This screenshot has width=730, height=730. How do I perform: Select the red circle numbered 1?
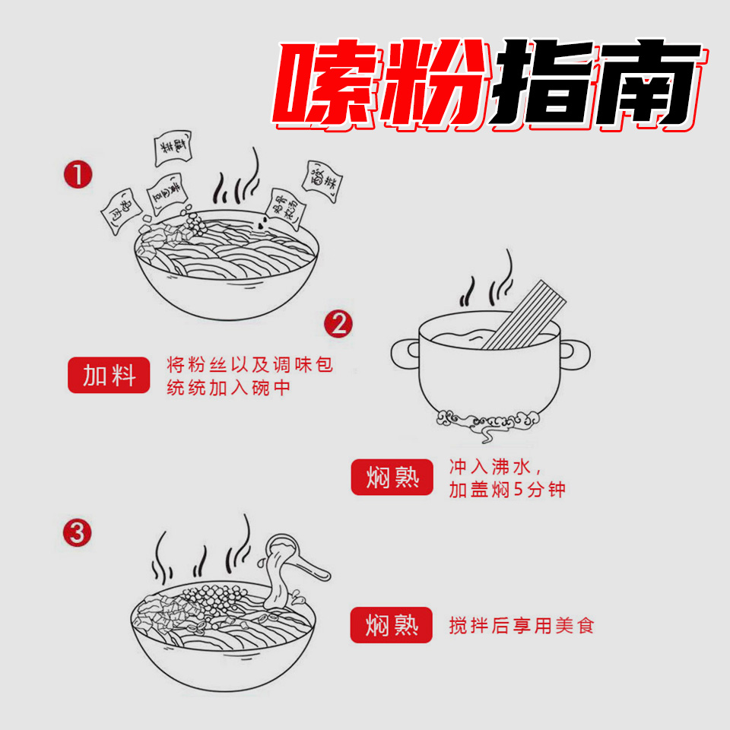coord(78,176)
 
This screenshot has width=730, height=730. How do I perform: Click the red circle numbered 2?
coord(338,324)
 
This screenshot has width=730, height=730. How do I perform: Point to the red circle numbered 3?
coord(77,532)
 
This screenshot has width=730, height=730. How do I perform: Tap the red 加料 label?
coord(109,375)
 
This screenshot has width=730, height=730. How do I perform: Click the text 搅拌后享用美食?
coord(521,626)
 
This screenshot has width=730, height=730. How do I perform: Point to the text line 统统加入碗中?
coord(228,388)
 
